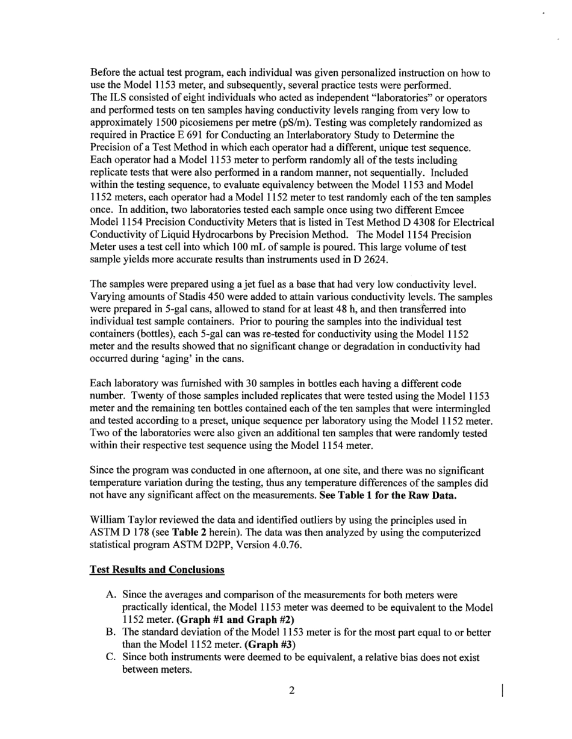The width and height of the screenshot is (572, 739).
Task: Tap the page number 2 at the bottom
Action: [291, 691]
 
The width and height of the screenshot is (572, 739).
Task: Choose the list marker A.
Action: [111, 595]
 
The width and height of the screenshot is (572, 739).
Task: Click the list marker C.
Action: [111, 657]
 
